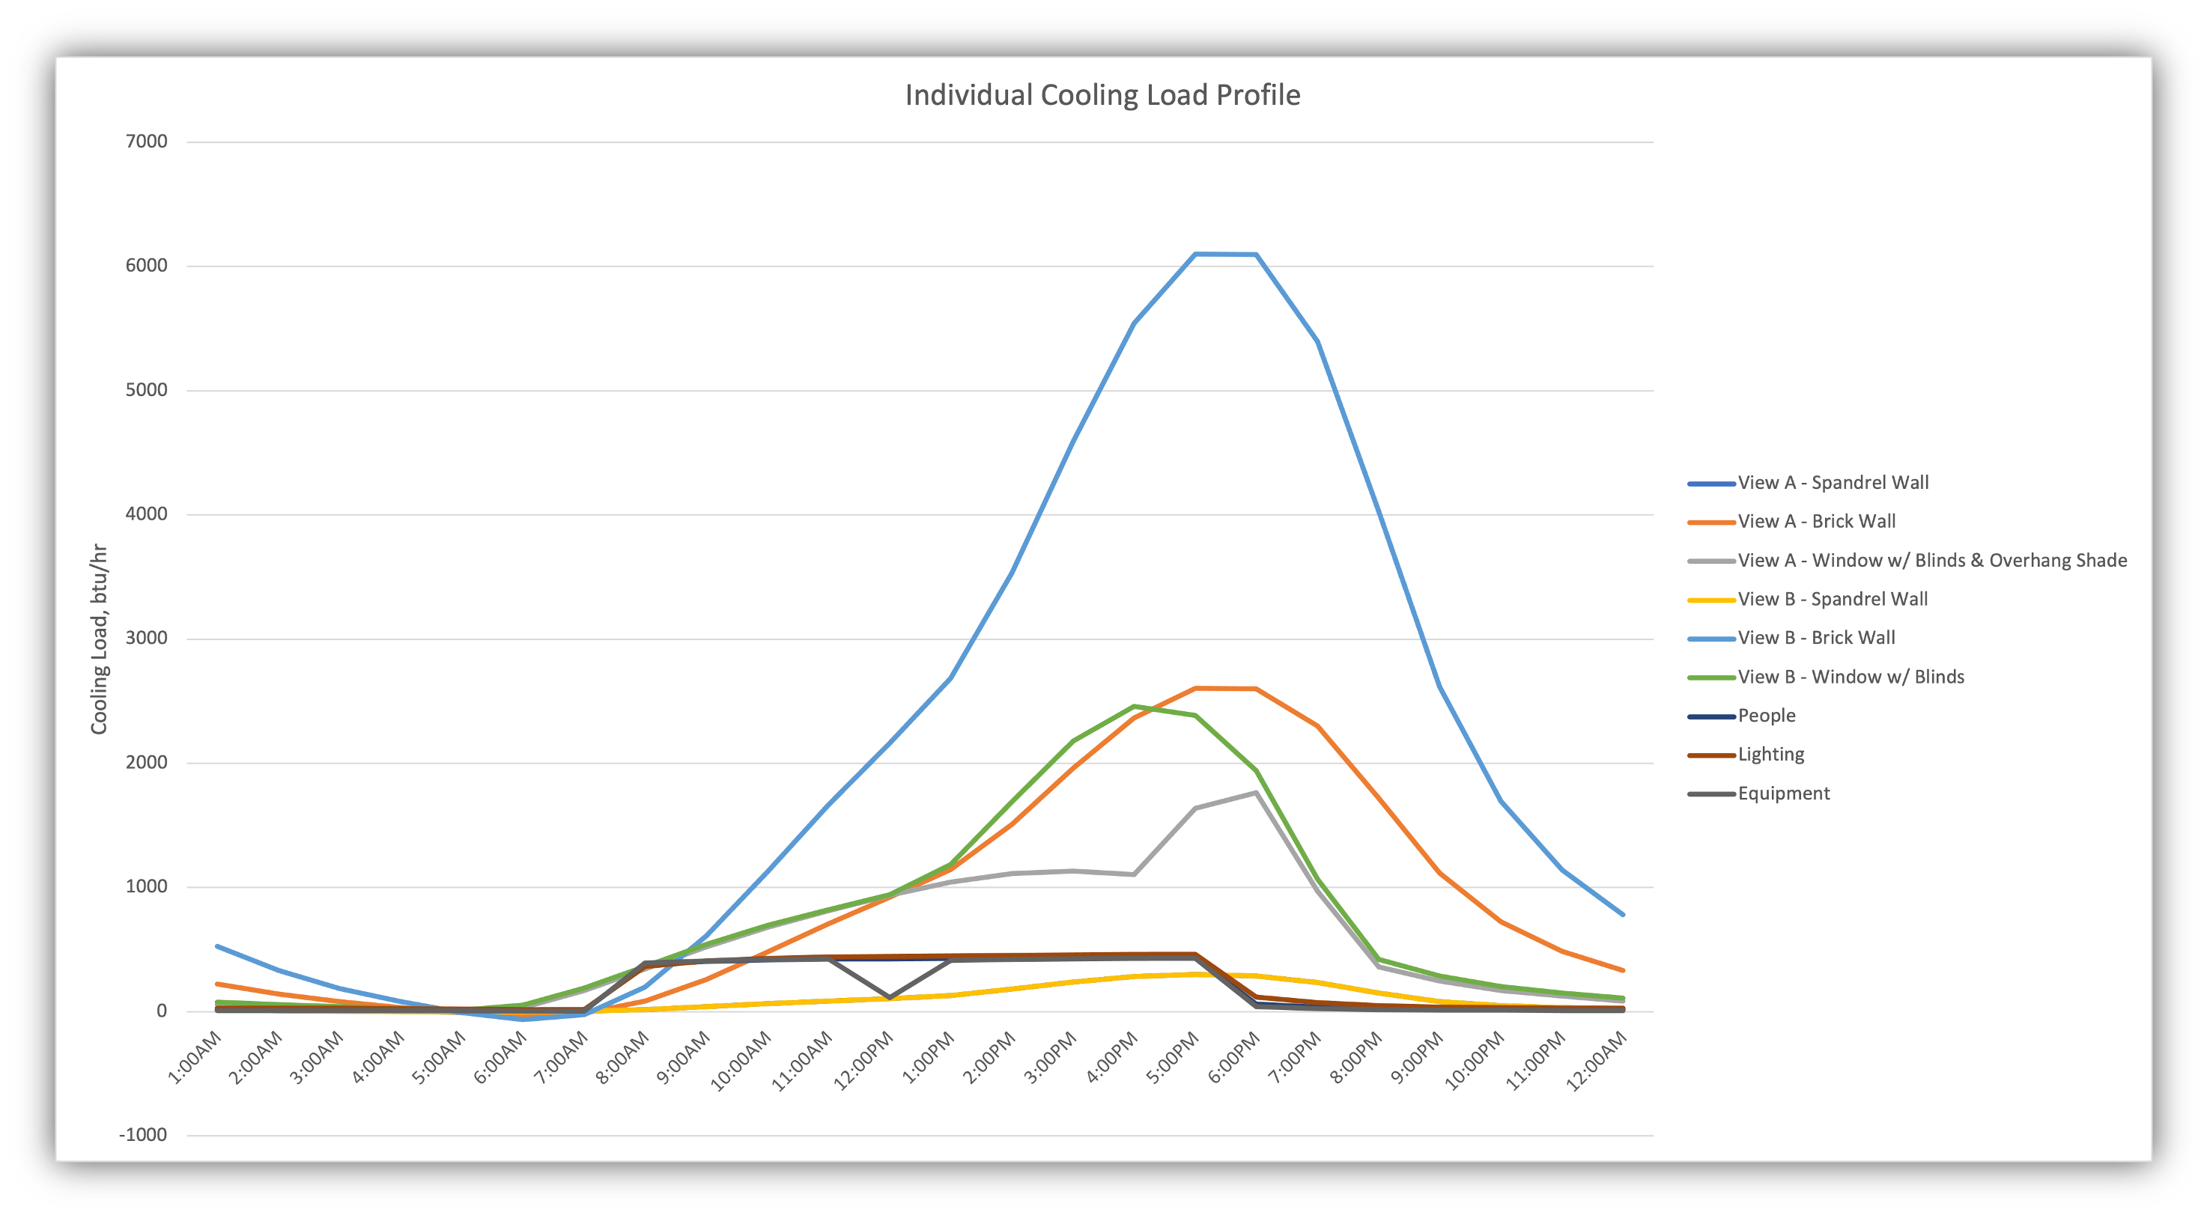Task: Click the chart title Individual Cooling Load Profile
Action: pos(1102,95)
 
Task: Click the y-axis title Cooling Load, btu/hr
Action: pos(100,638)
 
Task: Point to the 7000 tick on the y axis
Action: pos(147,141)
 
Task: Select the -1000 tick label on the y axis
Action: pos(143,1135)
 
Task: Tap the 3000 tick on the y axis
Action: pos(147,638)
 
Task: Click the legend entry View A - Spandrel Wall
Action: pos(1833,483)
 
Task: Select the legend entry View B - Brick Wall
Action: pos(1815,638)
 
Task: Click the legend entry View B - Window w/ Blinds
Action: pos(1850,677)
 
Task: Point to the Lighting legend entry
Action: pos(1770,755)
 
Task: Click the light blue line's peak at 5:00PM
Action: pos(1195,255)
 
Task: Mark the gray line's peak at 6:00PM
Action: pos(1256,793)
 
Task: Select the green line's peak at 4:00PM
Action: pos(1135,707)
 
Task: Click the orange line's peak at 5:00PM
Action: pos(1195,689)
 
